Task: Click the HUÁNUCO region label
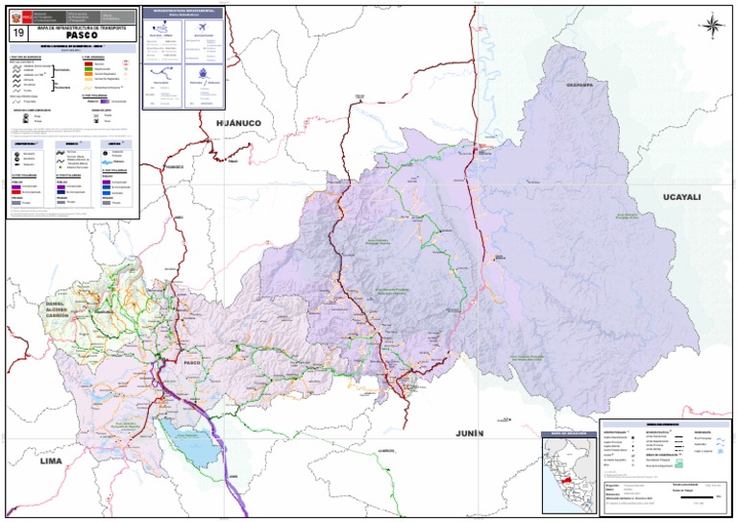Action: tap(238, 124)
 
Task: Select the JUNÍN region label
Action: tap(470, 434)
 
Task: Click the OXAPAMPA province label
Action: tap(580, 85)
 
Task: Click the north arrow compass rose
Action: tap(712, 25)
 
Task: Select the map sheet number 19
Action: tap(17, 33)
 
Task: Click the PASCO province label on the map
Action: tap(192, 362)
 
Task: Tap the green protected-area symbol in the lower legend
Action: tap(679, 460)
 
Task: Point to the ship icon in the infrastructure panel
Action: tap(202, 73)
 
